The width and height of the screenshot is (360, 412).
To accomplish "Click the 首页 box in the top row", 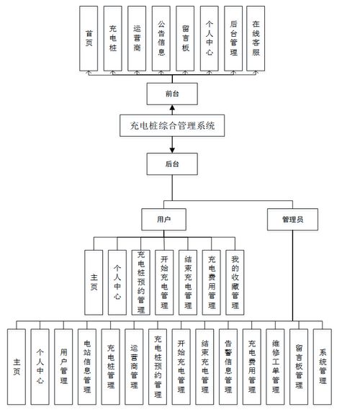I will click(x=89, y=38).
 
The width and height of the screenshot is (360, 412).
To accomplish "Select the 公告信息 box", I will click(x=161, y=38).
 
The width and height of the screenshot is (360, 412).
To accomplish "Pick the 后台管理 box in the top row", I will click(x=232, y=38).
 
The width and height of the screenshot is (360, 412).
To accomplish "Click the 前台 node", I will click(x=171, y=93).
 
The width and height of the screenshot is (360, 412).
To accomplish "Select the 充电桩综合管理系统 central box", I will click(x=172, y=127).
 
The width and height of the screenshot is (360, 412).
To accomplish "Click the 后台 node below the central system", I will click(x=171, y=164).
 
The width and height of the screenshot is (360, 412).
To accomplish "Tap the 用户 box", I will click(x=163, y=218).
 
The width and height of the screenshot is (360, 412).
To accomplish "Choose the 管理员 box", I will click(x=292, y=218).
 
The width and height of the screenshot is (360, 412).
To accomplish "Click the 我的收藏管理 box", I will click(x=234, y=282).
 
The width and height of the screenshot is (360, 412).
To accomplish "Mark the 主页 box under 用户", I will click(x=94, y=282).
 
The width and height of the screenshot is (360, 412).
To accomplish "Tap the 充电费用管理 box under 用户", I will click(x=211, y=282).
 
